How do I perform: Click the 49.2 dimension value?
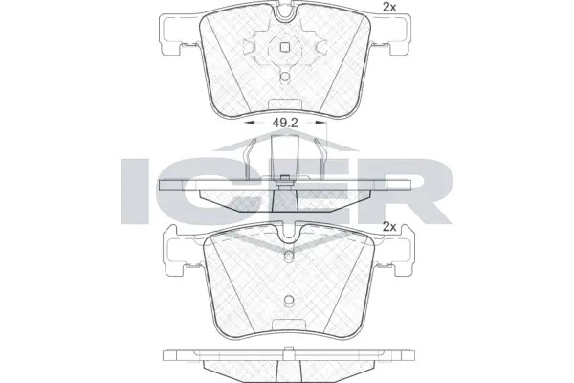tap(285, 123)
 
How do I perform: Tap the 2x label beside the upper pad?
tap(389, 8)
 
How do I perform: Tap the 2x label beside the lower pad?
tap(389, 227)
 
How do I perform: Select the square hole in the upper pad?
tap(284, 46)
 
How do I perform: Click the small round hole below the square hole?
tap(284, 78)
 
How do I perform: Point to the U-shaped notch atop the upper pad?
tap(285, 12)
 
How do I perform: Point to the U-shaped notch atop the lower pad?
tap(285, 233)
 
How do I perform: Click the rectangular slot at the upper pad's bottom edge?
tap(284, 104)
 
